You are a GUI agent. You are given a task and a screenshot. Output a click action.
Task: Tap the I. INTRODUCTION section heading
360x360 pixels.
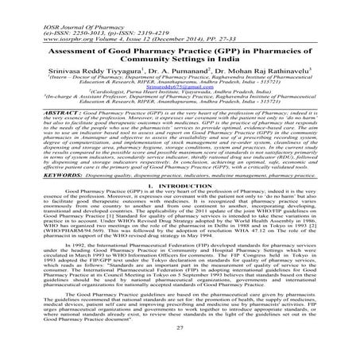coord(178,206)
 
